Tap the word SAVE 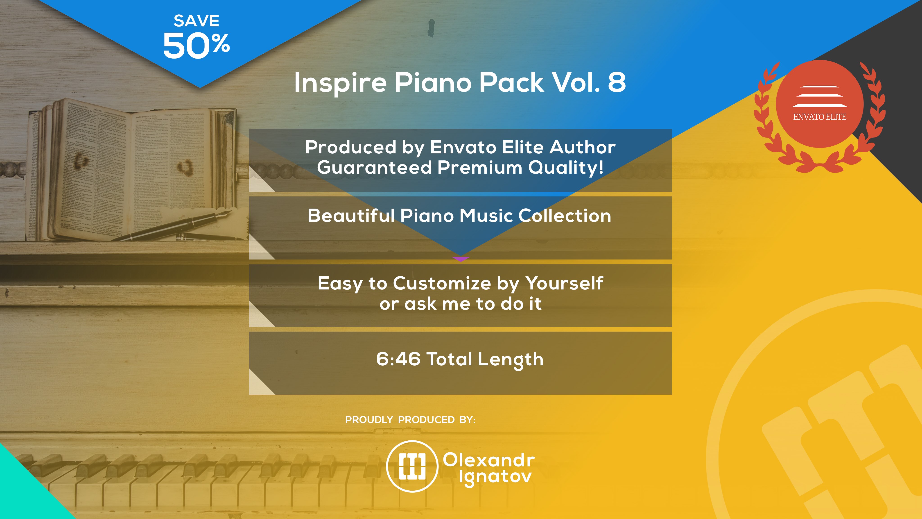[x=197, y=21]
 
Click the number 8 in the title [x=617, y=82]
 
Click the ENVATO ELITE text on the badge [x=820, y=117]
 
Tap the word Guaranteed [x=374, y=168]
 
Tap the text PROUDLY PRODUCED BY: [x=410, y=420]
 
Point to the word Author [x=583, y=147]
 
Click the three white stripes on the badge [x=820, y=96]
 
